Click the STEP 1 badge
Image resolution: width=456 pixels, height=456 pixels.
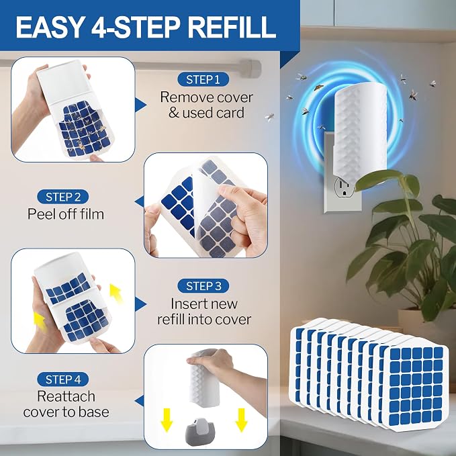tap(203, 79)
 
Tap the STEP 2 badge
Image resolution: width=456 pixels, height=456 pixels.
tap(63, 197)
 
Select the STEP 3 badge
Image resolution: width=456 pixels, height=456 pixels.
tap(203, 286)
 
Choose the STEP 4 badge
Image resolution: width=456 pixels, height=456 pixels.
tap(63, 379)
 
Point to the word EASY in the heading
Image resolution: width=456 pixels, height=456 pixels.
tap(50, 27)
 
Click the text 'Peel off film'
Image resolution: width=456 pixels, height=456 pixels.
tap(66, 214)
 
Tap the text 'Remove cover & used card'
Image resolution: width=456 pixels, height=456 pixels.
tap(206, 105)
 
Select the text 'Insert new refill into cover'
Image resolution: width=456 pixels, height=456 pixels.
tap(204, 312)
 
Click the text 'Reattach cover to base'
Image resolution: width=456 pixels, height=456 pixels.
tap(66, 404)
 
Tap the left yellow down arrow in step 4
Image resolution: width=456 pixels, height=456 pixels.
tap(167, 420)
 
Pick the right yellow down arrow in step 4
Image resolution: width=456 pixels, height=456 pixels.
tap(241, 420)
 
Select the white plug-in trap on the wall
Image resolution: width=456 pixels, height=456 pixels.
tap(360, 131)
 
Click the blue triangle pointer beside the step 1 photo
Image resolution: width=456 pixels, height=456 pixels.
tap(141, 105)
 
